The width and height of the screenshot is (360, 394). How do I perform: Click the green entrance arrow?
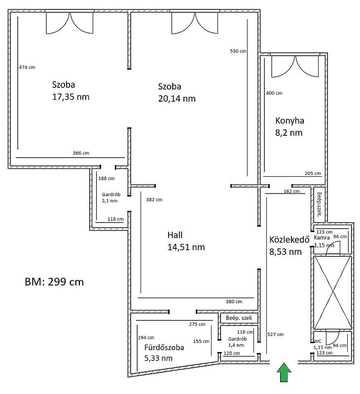coord(284,372)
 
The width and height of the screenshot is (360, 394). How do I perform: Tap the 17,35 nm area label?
coord(71,97)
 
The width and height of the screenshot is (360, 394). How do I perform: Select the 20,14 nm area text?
coord(177,99)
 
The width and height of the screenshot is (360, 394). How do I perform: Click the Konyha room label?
coord(289,120)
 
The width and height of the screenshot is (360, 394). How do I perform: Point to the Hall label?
coord(175,235)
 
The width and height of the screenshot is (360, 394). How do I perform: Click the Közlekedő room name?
coord(289,239)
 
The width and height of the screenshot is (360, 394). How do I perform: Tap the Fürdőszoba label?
coord(164,348)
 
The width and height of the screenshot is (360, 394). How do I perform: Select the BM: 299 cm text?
coord(54,282)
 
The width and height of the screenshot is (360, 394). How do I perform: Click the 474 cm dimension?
coord(27,67)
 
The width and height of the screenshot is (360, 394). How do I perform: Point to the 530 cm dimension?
coord(238,51)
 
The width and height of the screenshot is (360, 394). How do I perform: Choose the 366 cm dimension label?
coord(81,153)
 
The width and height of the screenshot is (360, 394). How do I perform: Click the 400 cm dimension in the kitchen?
coord(274,93)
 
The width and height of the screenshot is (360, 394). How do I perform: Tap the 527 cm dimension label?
coord(276,334)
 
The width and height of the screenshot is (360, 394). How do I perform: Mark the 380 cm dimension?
coord(234,302)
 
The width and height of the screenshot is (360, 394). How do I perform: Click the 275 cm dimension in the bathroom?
coord(197,324)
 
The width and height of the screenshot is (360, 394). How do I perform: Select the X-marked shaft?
coord(333,292)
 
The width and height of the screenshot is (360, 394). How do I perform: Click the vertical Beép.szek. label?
coord(320,204)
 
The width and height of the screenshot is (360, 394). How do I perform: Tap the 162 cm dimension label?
coord(292,191)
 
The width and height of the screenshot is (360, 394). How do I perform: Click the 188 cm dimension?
coord(107,178)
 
